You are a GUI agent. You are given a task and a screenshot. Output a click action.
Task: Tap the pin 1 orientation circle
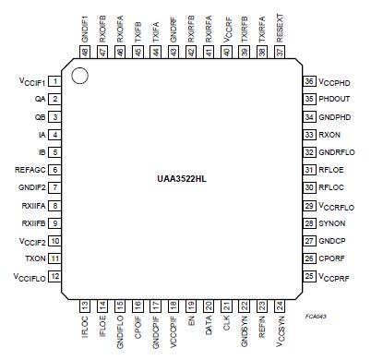(x=80, y=74)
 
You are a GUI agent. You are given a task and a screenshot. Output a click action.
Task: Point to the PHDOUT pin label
(x=336, y=99)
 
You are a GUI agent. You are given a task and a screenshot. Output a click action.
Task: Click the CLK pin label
(x=226, y=324)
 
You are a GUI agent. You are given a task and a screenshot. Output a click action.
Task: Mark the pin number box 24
(x=279, y=306)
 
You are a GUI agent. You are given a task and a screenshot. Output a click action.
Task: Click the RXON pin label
(x=331, y=134)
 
